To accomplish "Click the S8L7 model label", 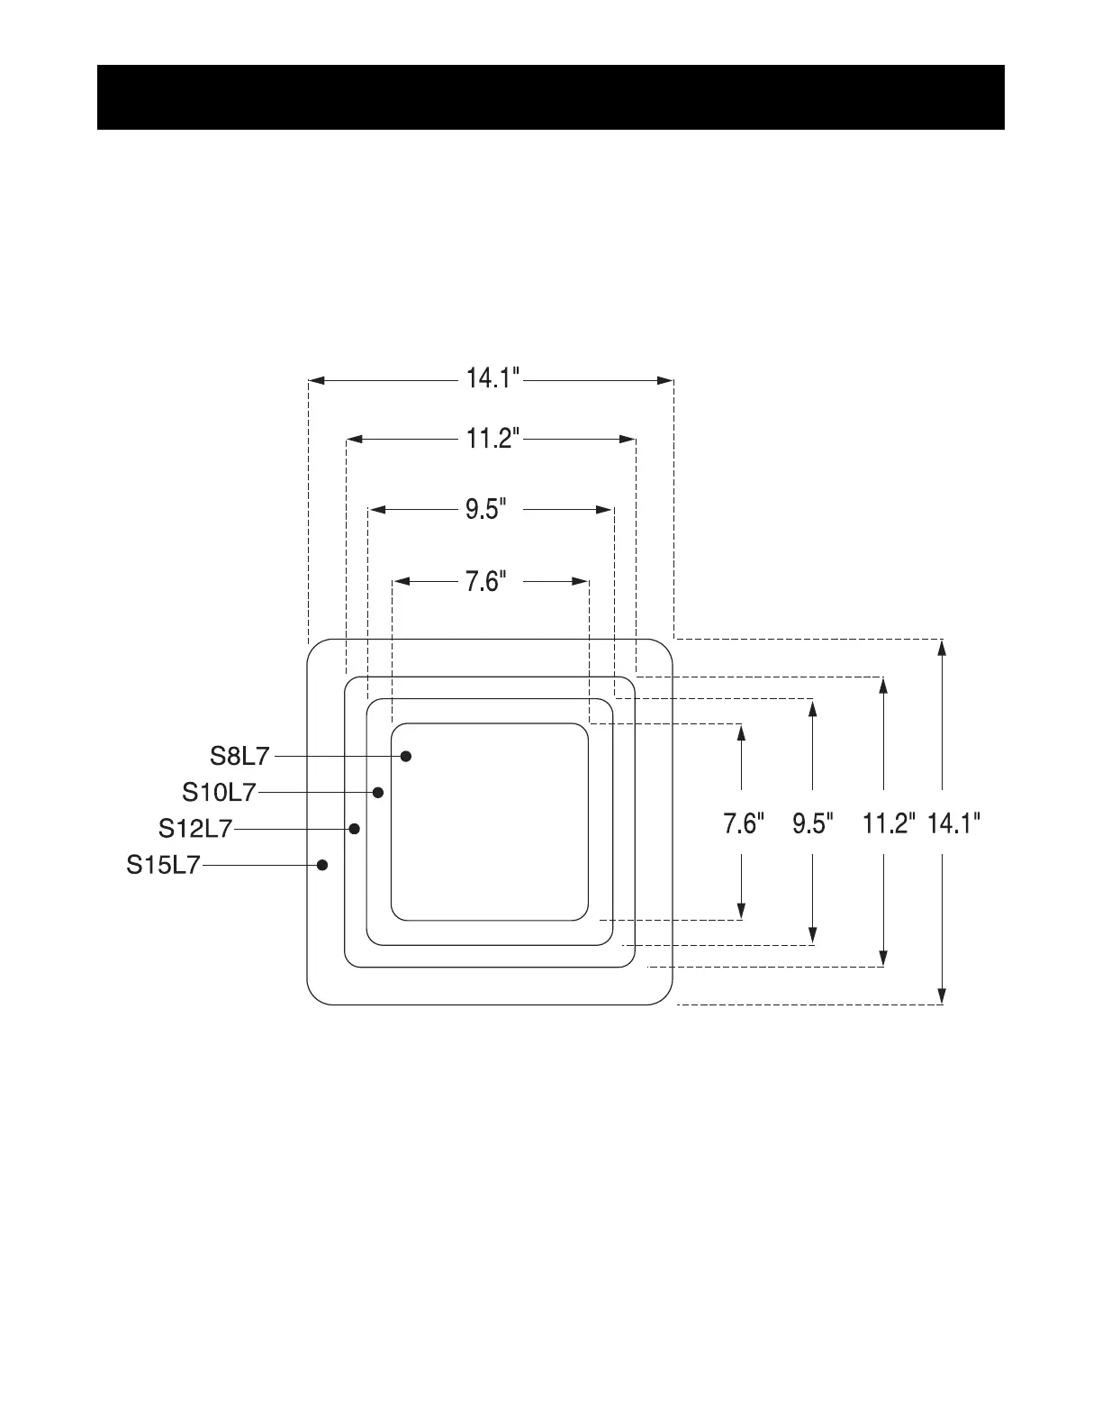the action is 239,756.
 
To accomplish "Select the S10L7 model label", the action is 219,792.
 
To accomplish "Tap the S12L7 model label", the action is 195,828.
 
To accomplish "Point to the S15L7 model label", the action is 162,866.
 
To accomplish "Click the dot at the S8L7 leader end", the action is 406,756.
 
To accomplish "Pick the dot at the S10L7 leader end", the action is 378,792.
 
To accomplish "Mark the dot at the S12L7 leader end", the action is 355,828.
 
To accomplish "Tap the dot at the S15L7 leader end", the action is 322,865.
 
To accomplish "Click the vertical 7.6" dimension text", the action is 745,824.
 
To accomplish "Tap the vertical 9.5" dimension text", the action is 814,824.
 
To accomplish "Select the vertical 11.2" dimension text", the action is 890,824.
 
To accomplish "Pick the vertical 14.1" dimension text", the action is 954,824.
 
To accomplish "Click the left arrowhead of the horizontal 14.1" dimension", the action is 317,381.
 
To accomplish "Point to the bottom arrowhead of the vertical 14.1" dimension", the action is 942,995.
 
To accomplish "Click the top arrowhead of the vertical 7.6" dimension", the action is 741,732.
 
